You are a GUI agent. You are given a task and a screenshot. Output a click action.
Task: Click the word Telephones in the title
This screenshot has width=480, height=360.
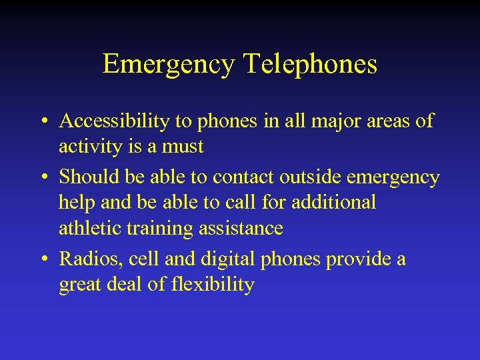click(311, 65)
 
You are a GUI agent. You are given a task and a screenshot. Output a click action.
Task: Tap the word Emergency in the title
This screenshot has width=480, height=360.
click(169, 65)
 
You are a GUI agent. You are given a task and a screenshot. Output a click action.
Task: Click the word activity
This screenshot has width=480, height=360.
click(91, 146)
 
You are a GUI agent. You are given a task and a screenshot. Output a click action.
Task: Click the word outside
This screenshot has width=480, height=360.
click(306, 177)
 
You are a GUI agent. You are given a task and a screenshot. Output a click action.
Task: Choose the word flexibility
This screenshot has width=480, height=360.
click(211, 285)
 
